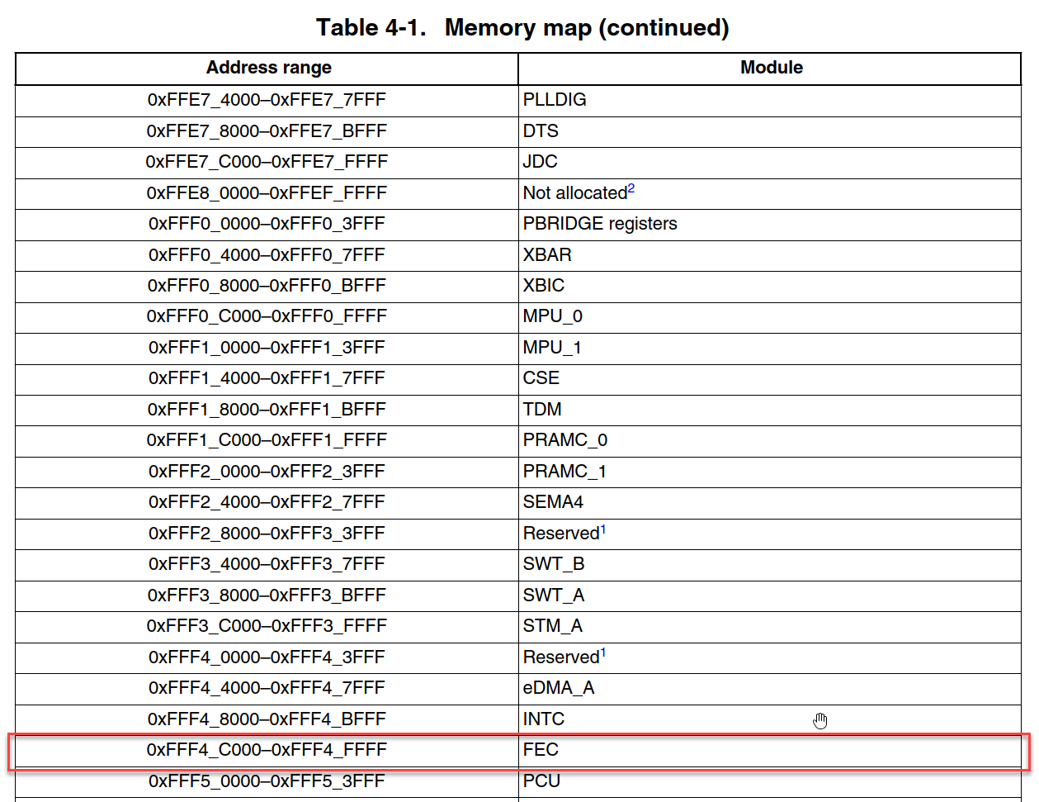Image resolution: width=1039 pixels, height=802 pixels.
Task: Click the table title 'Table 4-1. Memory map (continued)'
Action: (522, 27)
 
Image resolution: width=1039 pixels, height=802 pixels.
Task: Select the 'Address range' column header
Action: (268, 68)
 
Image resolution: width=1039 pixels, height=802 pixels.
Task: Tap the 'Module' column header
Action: (771, 68)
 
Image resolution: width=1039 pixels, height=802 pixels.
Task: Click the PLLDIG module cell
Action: (555, 100)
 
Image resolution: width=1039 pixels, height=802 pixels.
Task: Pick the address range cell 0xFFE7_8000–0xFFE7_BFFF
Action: (267, 131)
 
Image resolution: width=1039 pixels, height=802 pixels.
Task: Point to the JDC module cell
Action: (541, 162)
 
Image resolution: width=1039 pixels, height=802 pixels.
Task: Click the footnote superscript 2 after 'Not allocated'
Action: (631, 189)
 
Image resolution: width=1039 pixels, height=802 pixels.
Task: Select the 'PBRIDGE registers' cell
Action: (600, 224)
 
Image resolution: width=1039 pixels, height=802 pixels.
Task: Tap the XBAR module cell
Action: (547, 255)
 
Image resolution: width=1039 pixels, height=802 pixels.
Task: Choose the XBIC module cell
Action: (544, 286)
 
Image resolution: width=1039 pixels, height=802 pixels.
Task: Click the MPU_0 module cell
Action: (553, 316)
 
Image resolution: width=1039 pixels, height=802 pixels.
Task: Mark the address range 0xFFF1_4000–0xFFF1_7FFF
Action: (267, 378)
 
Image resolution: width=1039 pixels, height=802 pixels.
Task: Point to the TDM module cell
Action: (542, 410)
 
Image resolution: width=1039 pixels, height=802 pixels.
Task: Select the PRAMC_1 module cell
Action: (564, 472)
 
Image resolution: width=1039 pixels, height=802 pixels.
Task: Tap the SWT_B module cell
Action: (554, 564)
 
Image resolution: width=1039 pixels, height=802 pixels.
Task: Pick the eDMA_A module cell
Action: (559, 688)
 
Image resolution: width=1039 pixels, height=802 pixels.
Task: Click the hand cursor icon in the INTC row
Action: (819, 721)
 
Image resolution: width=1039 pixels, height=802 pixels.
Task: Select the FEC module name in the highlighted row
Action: (541, 750)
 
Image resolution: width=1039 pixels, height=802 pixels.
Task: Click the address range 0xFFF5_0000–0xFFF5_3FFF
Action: (267, 781)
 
